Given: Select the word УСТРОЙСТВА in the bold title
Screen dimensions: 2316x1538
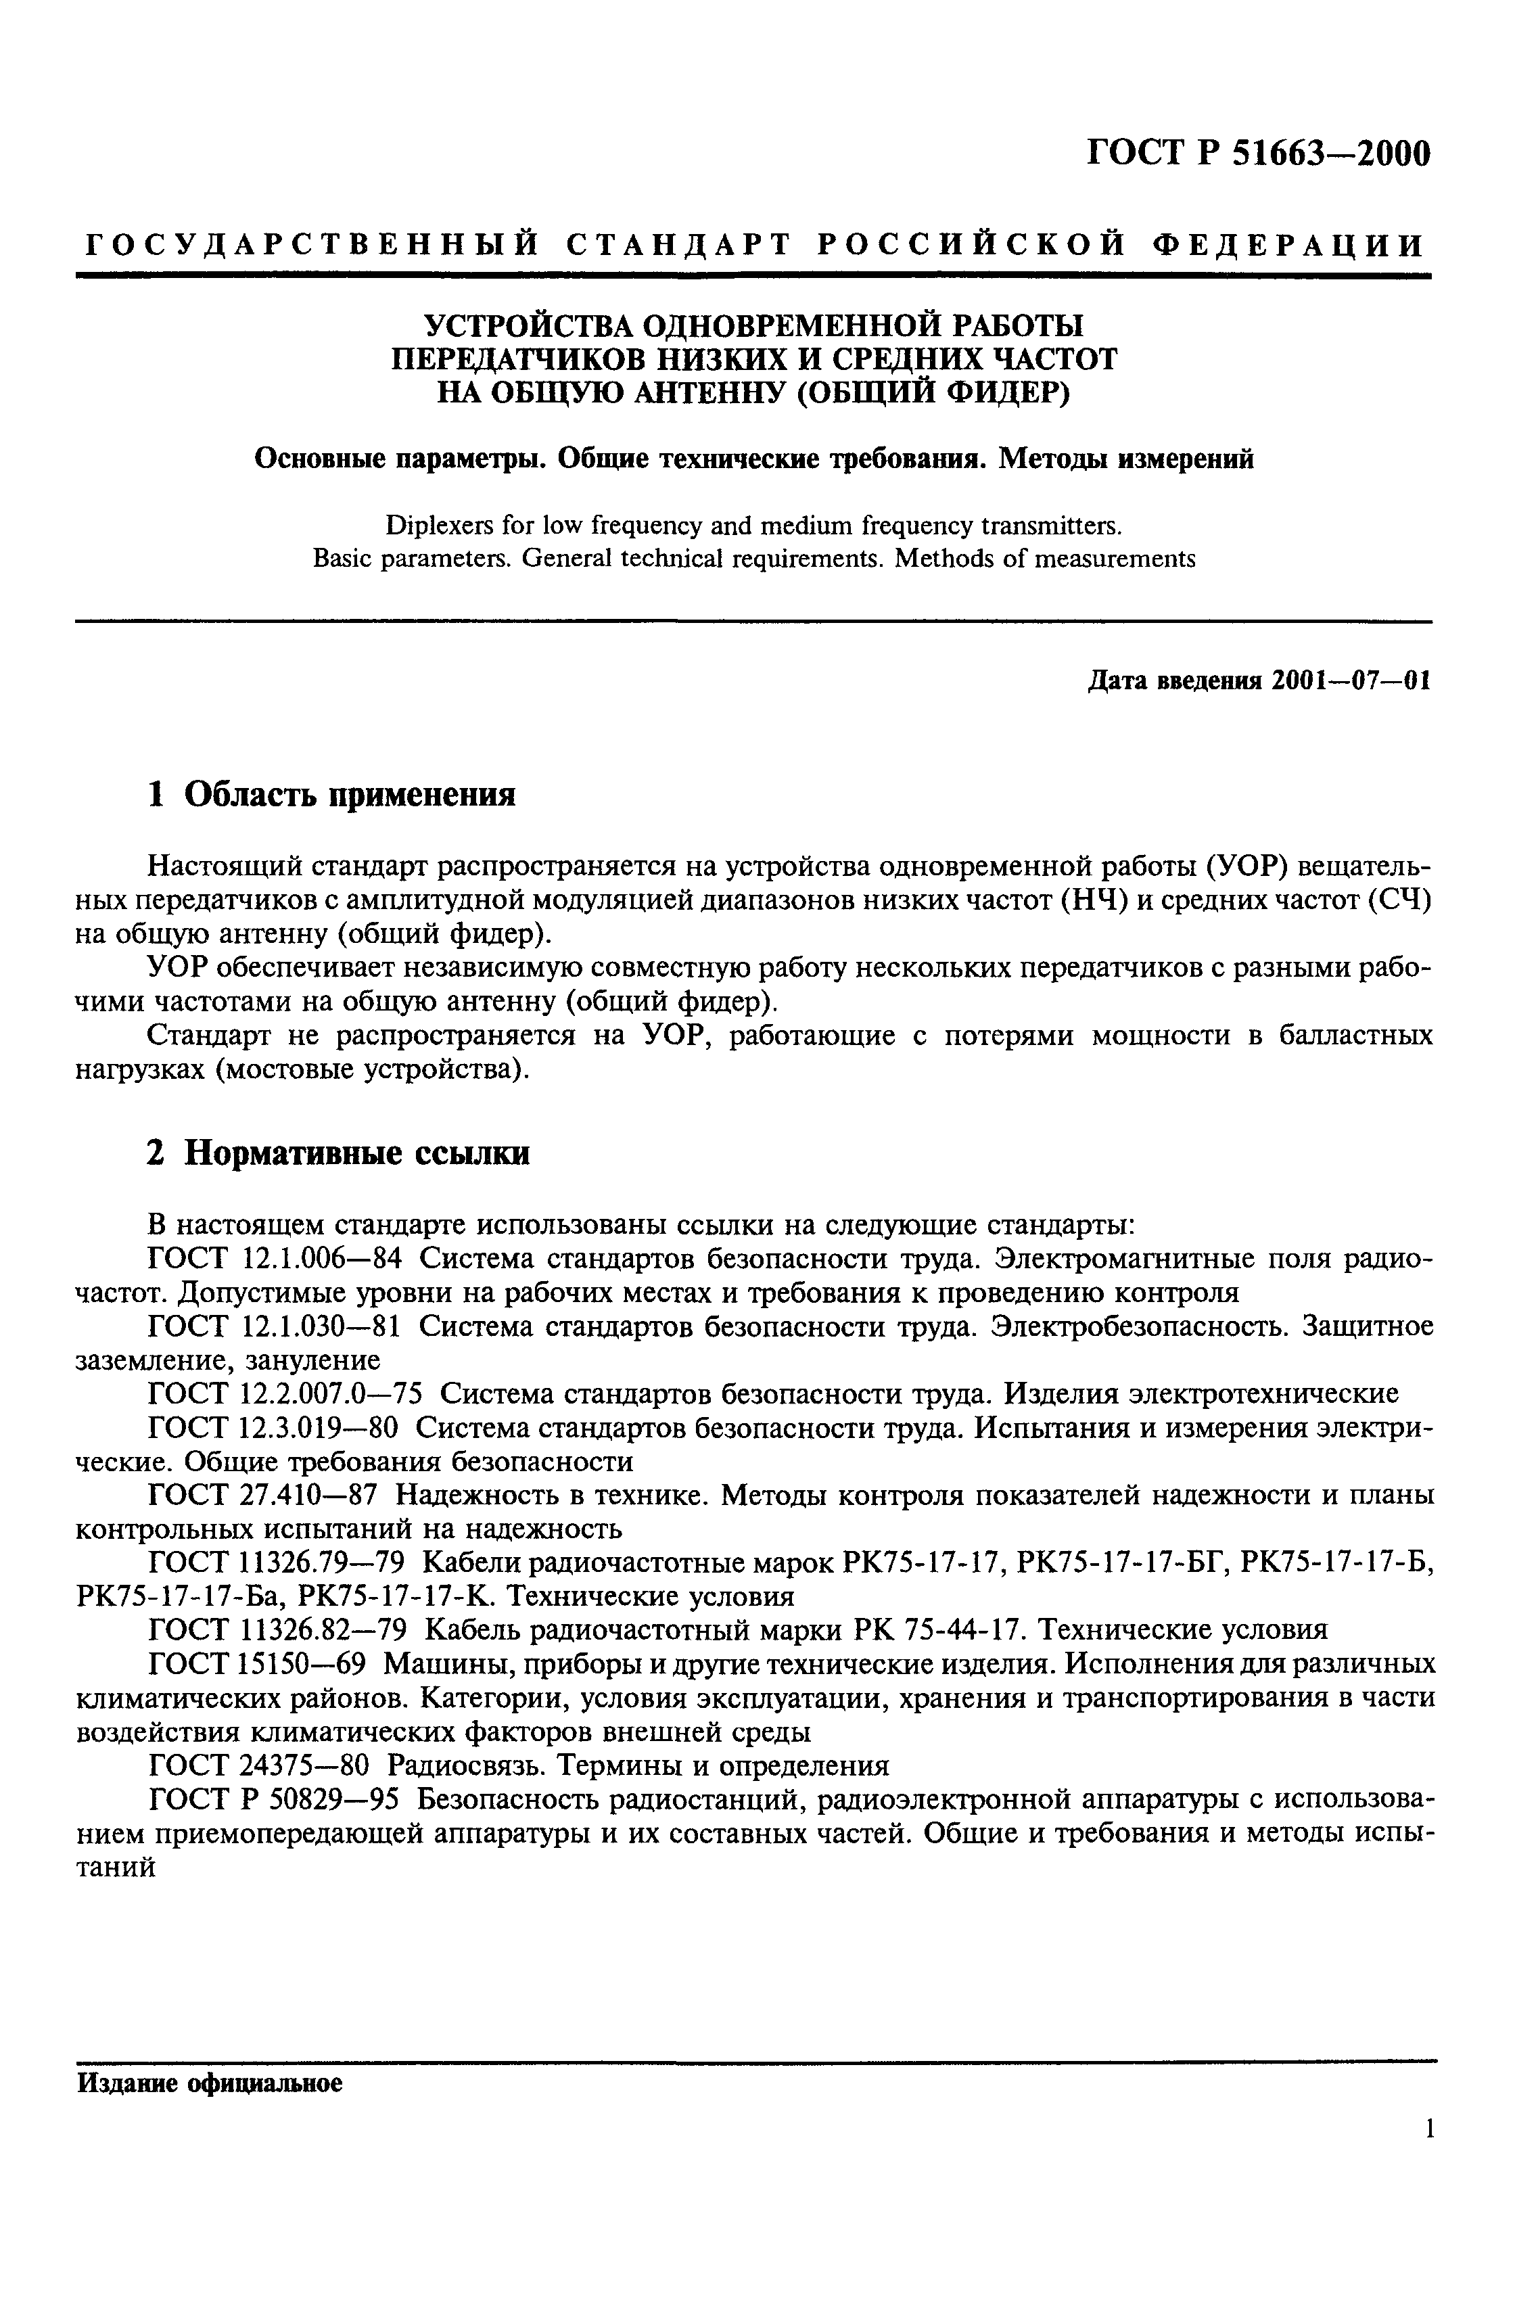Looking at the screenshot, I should coord(528,324).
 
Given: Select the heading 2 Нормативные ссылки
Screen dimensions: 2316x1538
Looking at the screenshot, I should coord(337,1153).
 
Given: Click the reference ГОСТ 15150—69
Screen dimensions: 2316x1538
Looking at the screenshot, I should coord(256,1664).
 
